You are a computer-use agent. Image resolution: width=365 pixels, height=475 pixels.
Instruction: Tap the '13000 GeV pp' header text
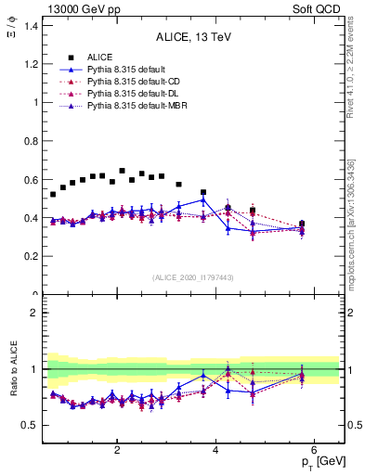pos(81,8)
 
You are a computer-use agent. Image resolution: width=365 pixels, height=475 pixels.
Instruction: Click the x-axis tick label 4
pos(215,449)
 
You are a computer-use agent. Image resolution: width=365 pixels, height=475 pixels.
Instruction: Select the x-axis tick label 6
pos(314,449)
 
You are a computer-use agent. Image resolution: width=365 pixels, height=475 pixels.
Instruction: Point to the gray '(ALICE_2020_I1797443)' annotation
pos(193,277)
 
